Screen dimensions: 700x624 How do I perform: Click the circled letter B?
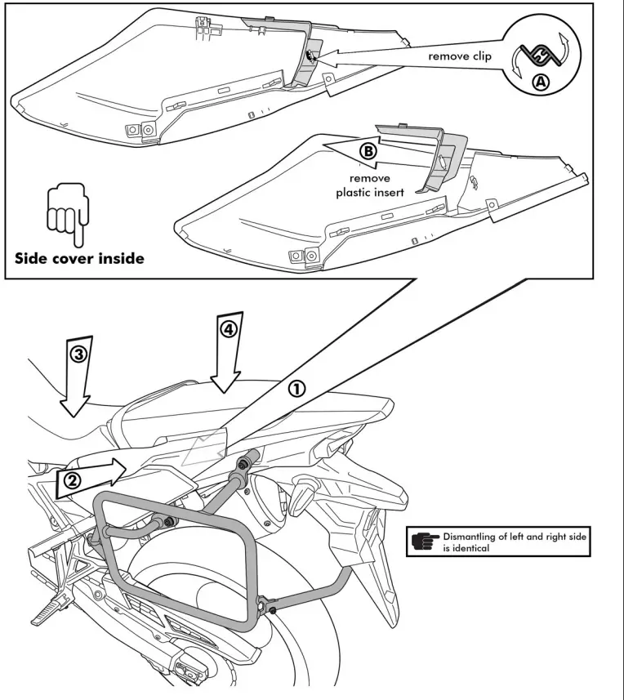point(369,151)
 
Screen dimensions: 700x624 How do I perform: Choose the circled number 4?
point(228,328)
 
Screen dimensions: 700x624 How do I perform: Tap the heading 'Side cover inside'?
point(79,258)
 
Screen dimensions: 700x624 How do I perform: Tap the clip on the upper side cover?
point(311,56)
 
